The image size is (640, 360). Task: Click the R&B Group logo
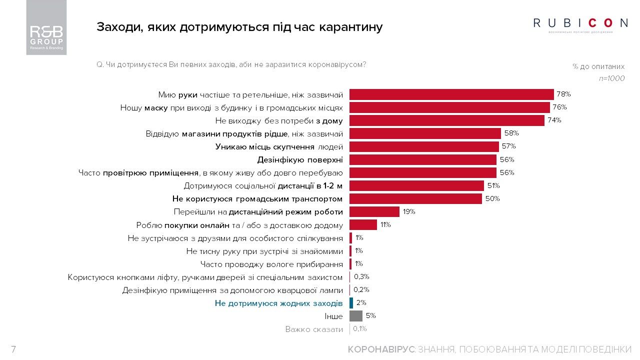click(46, 27)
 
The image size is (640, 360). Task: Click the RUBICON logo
click(580, 23)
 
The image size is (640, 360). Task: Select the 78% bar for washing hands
click(451, 94)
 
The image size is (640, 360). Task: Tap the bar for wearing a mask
click(449, 107)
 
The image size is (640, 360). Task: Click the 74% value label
click(554, 120)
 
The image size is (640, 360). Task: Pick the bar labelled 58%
click(425, 133)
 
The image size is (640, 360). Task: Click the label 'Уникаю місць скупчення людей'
click(279, 146)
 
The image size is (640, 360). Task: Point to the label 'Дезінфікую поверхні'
click(300, 159)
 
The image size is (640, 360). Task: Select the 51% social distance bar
click(416, 185)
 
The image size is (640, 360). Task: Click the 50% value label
click(492, 198)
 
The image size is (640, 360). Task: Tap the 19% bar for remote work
click(374, 211)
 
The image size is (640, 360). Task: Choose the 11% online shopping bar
click(363, 224)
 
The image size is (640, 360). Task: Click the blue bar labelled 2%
click(351, 302)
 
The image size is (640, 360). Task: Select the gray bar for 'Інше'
click(355, 316)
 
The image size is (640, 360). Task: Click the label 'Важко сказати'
click(314, 329)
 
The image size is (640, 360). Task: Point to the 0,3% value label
click(361, 276)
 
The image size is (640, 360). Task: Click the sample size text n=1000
click(611, 78)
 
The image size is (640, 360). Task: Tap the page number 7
click(13, 349)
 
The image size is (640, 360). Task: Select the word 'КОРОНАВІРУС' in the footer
click(381, 349)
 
